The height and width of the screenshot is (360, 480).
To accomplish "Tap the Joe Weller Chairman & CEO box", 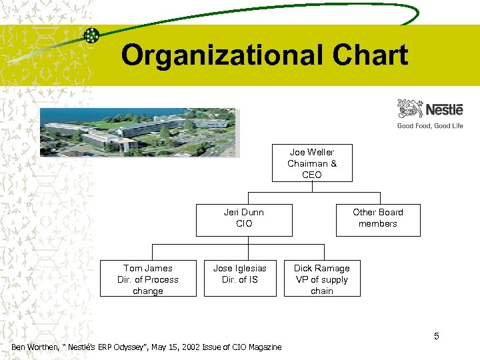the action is [x=311, y=163].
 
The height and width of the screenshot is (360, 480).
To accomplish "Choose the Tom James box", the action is [x=148, y=279].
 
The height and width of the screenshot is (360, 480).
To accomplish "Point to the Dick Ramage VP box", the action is [x=322, y=279].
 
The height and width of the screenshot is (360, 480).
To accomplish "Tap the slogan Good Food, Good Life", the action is [x=430, y=125].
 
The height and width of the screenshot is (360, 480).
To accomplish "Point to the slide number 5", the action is [x=437, y=335].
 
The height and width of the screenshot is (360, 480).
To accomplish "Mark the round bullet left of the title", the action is [x=92, y=35].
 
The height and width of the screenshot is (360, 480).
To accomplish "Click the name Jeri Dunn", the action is [x=244, y=212].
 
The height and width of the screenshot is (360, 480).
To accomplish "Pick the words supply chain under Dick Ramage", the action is [x=323, y=285].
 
